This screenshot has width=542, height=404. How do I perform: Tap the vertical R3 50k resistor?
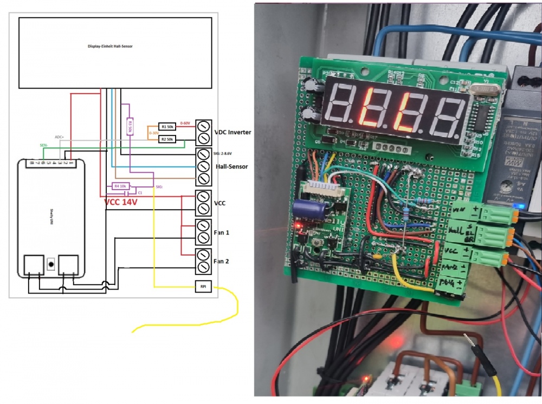coord(130,126)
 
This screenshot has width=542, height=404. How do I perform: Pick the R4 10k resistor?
coord(120,186)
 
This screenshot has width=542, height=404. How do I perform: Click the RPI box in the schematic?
coord(203,286)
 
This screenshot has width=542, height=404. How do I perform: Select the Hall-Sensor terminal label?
coord(232,166)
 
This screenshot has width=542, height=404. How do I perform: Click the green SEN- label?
coord(43,146)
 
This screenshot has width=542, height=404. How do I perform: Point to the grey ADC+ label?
coord(59,137)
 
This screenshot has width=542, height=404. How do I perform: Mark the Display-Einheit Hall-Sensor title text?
coord(110,47)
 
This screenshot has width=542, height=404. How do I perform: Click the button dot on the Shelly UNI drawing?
coord(51,264)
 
